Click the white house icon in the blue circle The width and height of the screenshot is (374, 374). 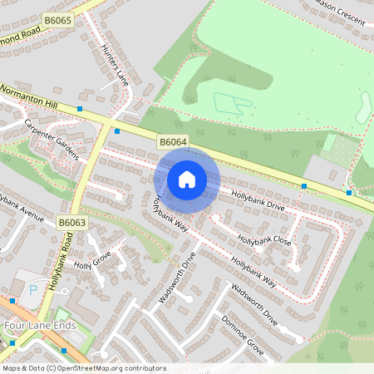pos(186,179)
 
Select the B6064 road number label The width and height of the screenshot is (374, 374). pos(173,143)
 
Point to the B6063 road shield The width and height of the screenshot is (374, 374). pos(72,222)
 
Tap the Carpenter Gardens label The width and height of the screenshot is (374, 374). pos(52,140)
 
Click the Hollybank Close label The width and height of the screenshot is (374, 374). pos(264,239)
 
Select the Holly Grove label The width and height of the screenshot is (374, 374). pos(92,264)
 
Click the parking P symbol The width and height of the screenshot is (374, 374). pos(33,290)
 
